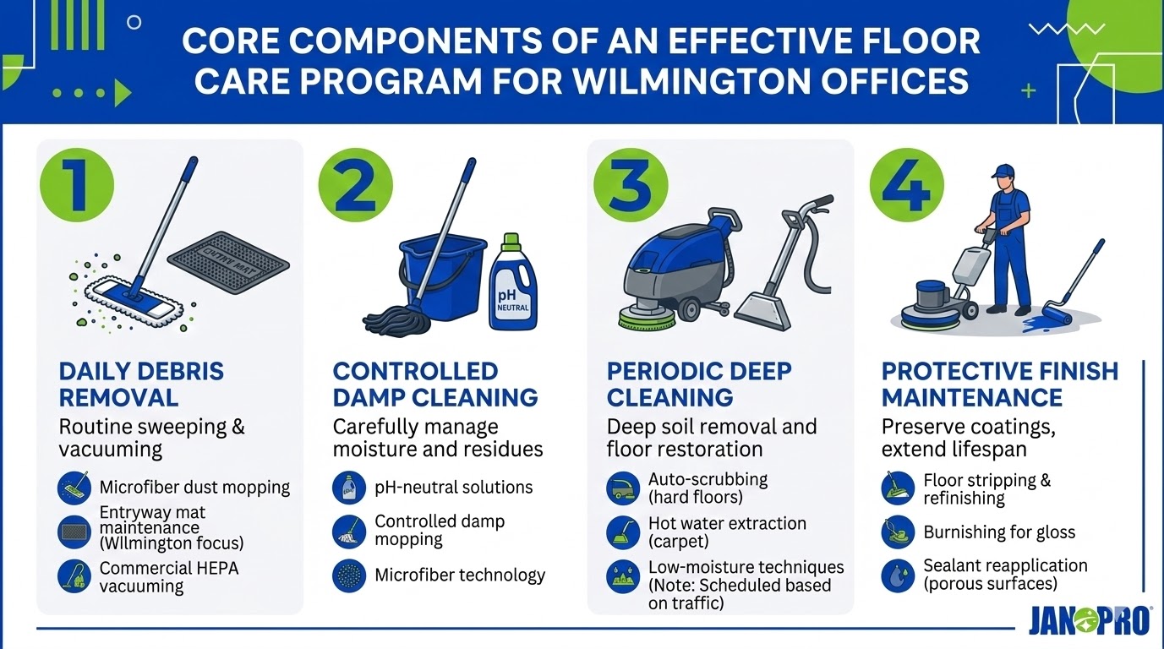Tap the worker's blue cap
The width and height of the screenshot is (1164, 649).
tap(1003, 172)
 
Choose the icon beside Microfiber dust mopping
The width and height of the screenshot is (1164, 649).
tap(74, 488)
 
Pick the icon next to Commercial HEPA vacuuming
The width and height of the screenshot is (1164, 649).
tap(74, 576)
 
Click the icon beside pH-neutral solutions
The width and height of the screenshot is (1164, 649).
tap(349, 488)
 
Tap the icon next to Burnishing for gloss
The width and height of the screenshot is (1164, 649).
tap(897, 532)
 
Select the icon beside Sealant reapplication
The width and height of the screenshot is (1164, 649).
tap(897, 575)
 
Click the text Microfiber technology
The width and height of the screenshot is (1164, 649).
tap(460, 575)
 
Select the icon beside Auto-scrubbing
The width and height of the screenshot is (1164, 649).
tap(623, 488)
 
